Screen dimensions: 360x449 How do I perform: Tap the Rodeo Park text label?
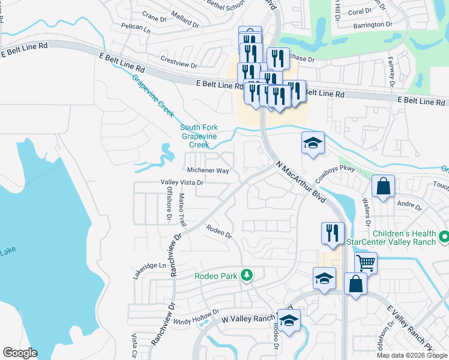coord(215,276)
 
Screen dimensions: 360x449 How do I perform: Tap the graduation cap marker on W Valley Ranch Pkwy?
coord(289,320)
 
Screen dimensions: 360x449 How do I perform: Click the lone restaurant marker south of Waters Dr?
coord(333,233)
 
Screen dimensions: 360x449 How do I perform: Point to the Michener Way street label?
coord(208,171)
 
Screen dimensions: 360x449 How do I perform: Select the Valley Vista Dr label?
coord(182,182)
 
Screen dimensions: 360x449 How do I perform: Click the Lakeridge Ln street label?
coord(149,265)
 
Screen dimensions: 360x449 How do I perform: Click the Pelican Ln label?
coord(135,28)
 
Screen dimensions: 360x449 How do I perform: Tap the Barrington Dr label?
coord(372,25)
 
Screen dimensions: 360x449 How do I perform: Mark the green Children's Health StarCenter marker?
coord(444,237)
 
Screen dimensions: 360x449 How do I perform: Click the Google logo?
coord(20,353)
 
